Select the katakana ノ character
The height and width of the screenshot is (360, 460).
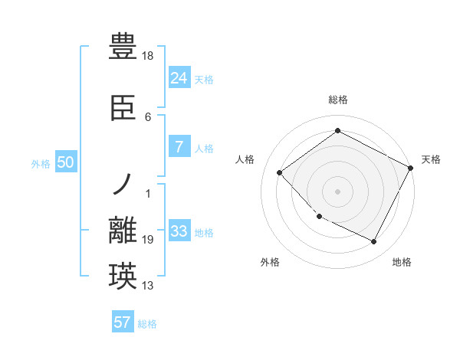(123, 185)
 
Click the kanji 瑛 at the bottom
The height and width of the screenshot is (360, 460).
(123, 277)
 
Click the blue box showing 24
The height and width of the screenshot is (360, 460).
(179, 77)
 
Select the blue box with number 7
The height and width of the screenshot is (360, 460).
(179, 147)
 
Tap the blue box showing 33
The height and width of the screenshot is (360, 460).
(179, 231)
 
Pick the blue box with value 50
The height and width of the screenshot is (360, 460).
(66, 162)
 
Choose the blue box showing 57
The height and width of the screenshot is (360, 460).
(123, 322)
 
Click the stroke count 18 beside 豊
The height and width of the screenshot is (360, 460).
(148, 56)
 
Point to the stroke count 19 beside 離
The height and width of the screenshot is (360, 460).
(148, 240)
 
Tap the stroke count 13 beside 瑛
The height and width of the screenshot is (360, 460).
(148, 286)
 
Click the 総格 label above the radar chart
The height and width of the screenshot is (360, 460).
(337, 100)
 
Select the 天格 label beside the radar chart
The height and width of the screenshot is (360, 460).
(431, 159)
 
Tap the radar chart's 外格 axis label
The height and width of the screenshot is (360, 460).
(270, 262)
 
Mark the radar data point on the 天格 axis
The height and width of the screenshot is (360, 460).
(412, 167)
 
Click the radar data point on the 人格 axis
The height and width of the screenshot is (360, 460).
(280, 172)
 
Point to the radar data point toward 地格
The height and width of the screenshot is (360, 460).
(373, 242)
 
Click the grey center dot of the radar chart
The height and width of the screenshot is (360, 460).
(337, 191)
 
